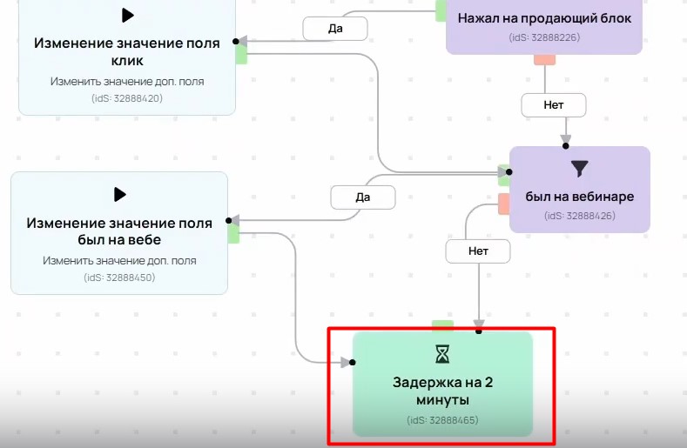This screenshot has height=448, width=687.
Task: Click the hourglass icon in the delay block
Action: click(x=443, y=353)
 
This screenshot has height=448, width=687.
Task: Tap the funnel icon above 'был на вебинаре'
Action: click(x=580, y=168)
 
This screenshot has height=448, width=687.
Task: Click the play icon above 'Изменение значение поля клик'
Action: click(x=128, y=15)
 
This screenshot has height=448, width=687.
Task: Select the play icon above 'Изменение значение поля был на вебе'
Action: click(x=120, y=194)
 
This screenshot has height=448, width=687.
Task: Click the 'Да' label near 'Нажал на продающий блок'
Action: click(x=335, y=28)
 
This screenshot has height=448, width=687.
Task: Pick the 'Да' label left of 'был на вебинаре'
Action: click(x=363, y=197)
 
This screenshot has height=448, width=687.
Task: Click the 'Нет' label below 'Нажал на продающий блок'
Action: click(x=554, y=104)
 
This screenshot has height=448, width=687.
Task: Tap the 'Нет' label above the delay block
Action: click(x=478, y=251)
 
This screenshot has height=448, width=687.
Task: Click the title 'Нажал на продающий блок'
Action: click(x=544, y=18)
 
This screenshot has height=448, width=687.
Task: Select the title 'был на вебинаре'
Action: click(x=580, y=197)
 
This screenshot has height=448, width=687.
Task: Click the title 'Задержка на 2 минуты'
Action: click(x=442, y=391)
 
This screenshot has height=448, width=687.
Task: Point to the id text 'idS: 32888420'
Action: click(x=127, y=98)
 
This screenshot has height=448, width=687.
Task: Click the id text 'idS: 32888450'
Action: click(x=119, y=277)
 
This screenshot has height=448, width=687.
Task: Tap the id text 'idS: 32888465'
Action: click(x=442, y=421)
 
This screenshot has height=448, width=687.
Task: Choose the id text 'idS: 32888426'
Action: click(x=580, y=215)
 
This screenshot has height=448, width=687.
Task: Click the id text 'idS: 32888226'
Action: click(x=544, y=37)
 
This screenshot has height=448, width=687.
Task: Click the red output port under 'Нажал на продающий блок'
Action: click(x=544, y=59)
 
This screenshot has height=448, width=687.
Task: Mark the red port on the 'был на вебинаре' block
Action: click(x=503, y=204)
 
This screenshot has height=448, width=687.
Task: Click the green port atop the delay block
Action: click(x=442, y=325)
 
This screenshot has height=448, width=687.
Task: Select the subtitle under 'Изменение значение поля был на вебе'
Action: click(x=119, y=260)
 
